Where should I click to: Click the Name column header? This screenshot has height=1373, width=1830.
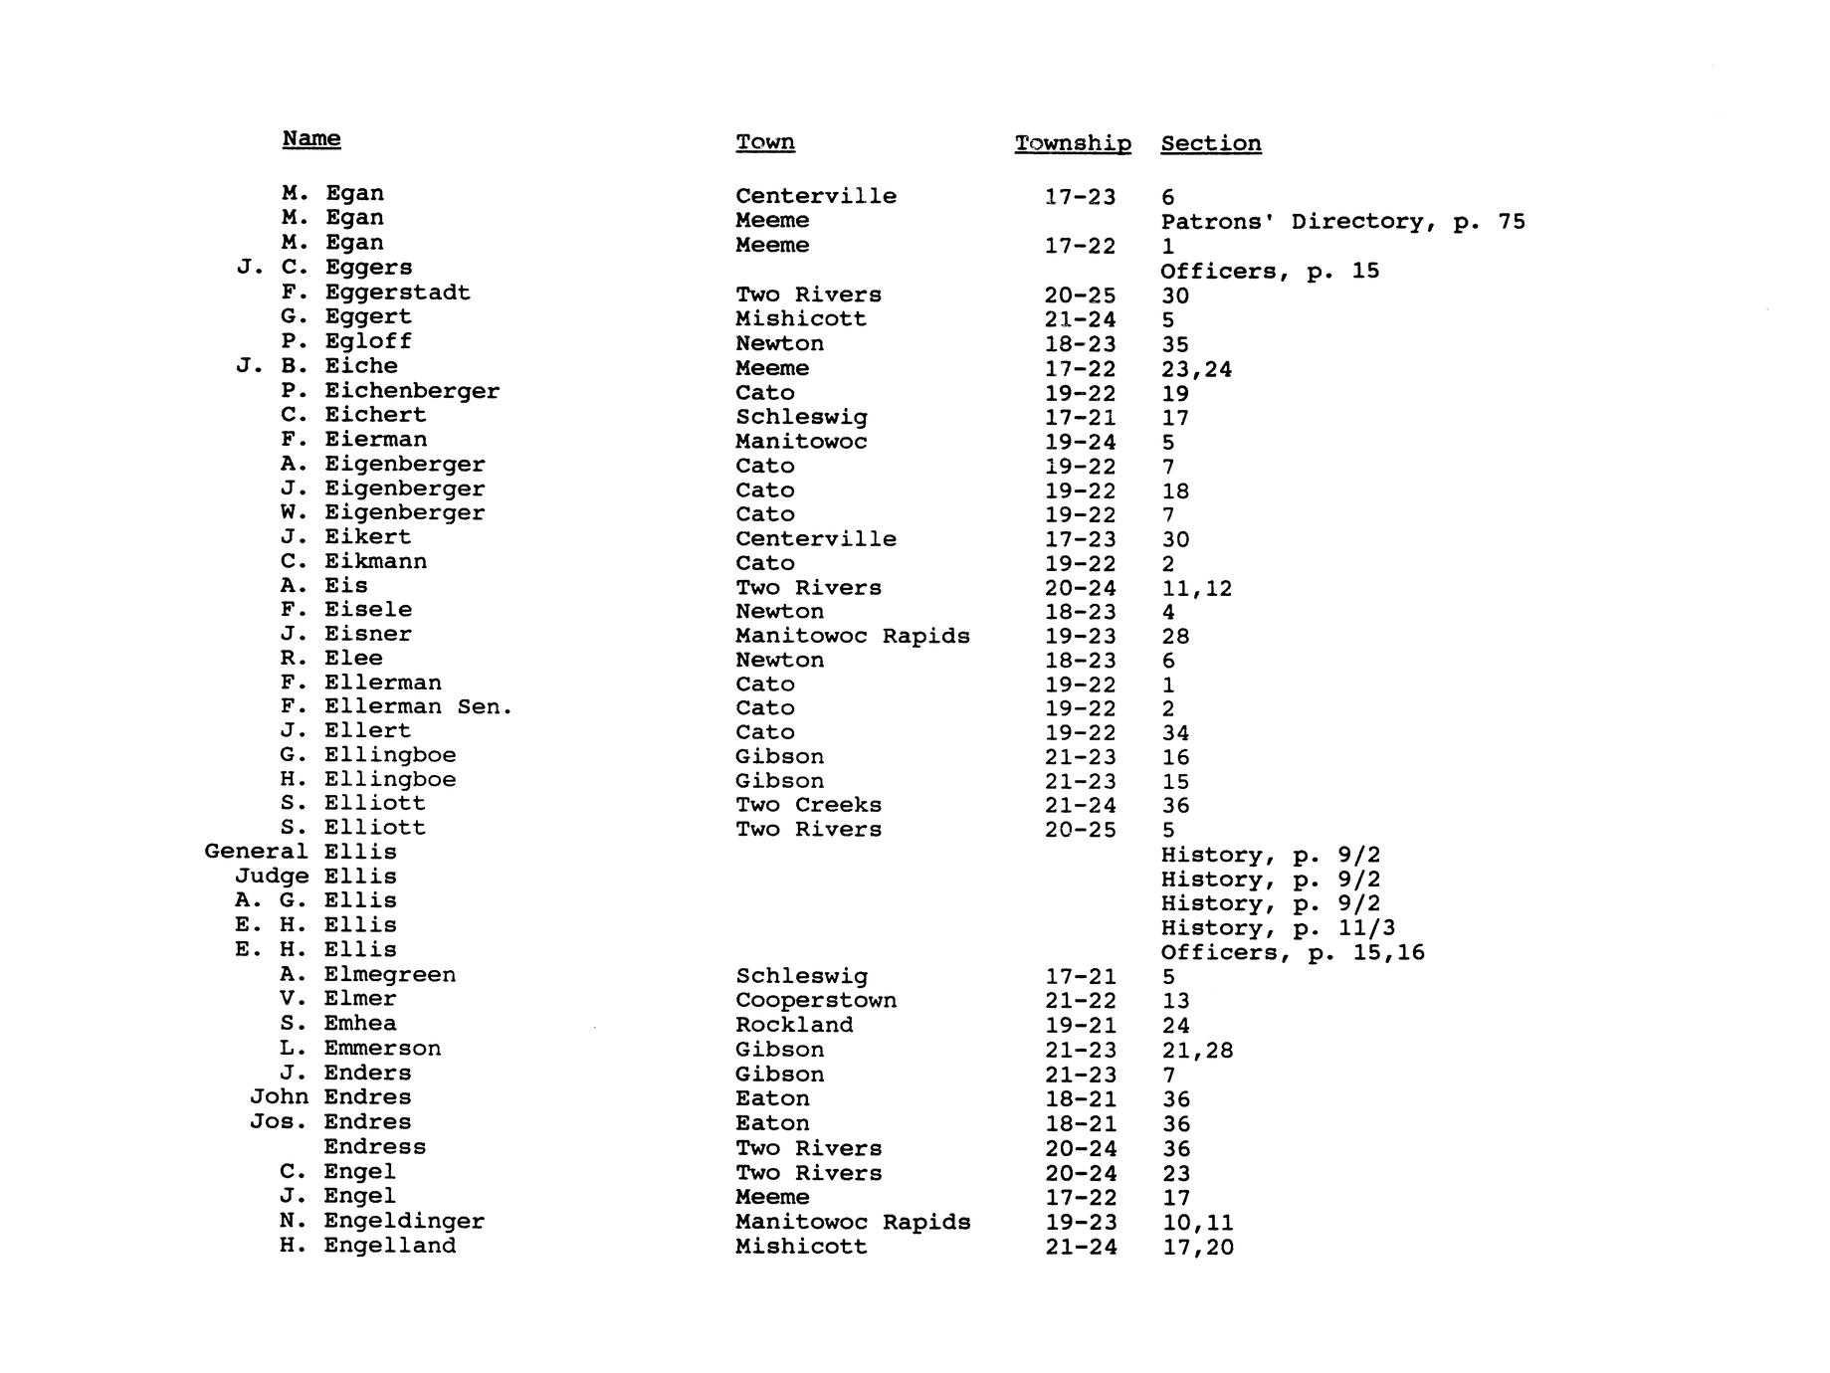(x=311, y=138)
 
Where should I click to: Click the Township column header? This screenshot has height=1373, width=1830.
(x=1072, y=143)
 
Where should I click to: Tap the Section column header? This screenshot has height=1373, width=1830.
(x=1210, y=143)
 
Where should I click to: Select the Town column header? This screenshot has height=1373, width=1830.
(x=764, y=142)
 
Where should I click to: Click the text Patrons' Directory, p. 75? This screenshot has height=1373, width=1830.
(x=1342, y=221)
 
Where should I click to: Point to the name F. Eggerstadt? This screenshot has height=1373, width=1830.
(x=376, y=293)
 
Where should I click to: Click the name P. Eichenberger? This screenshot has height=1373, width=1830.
(x=390, y=391)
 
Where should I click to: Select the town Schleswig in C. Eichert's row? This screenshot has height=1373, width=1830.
(x=801, y=417)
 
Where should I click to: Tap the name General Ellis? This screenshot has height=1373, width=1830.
(x=301, y=852)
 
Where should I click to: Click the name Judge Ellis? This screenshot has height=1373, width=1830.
(x=315, y=877)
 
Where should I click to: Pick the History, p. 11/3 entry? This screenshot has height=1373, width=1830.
(x=1278, y=928)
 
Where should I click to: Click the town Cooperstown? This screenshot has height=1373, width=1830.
(x=816, y=1000)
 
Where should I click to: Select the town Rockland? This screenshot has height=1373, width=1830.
(x=794, y=1025)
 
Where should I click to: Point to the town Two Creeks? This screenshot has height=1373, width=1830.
(x=808, y=805)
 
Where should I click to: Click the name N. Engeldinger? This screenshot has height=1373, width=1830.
(x=383, y=1221)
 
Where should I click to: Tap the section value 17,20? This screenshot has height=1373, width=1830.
(x=1198, y=1247)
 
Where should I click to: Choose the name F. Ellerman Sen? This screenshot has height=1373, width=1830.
(x=397, y=707)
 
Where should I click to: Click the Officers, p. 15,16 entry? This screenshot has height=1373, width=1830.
(x=1293, y=952)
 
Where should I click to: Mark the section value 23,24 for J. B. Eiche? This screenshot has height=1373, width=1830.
(x=1196, y=369)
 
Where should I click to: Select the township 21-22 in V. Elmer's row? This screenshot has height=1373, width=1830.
(x=1081, y=1001)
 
